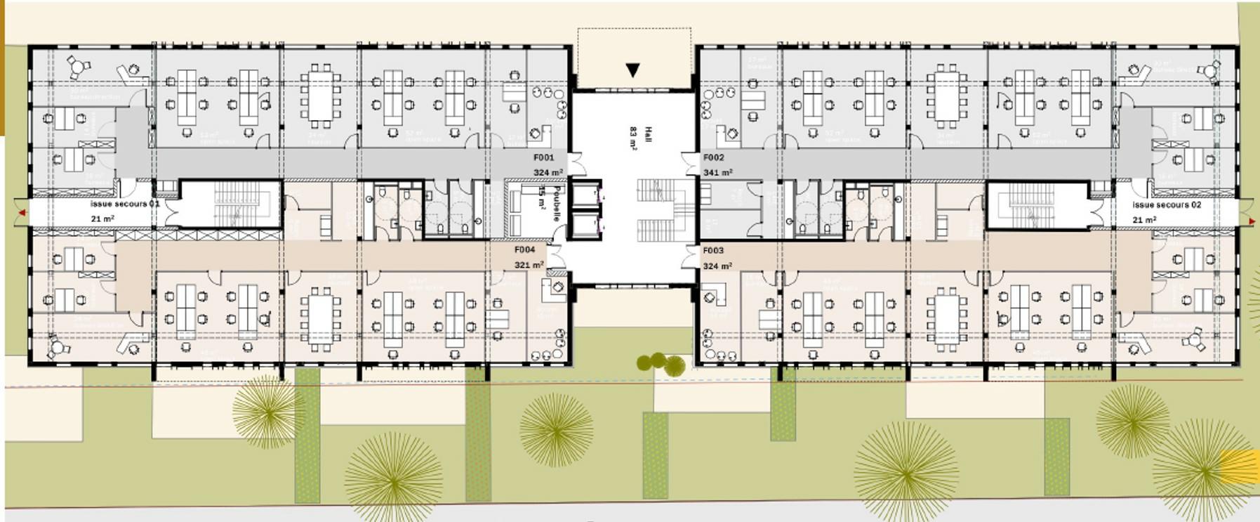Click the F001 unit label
(x=543, y=157)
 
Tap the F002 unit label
(x=713, y=157)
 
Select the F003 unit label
(x=713, y=250)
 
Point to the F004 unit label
(x=524, y=249)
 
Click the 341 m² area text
(x=717, y=172)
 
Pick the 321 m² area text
(x=529, y=265)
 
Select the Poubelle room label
(x=556, y=204)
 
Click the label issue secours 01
(x=125, y=204)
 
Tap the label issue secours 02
(x=1167, y=204)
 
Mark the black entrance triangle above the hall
(x=632, y=70)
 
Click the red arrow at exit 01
(x=22, y=212)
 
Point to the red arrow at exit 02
(x=1252, y=221)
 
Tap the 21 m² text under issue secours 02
(x=1144, y=220)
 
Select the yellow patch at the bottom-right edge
(x=1240, y=466)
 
